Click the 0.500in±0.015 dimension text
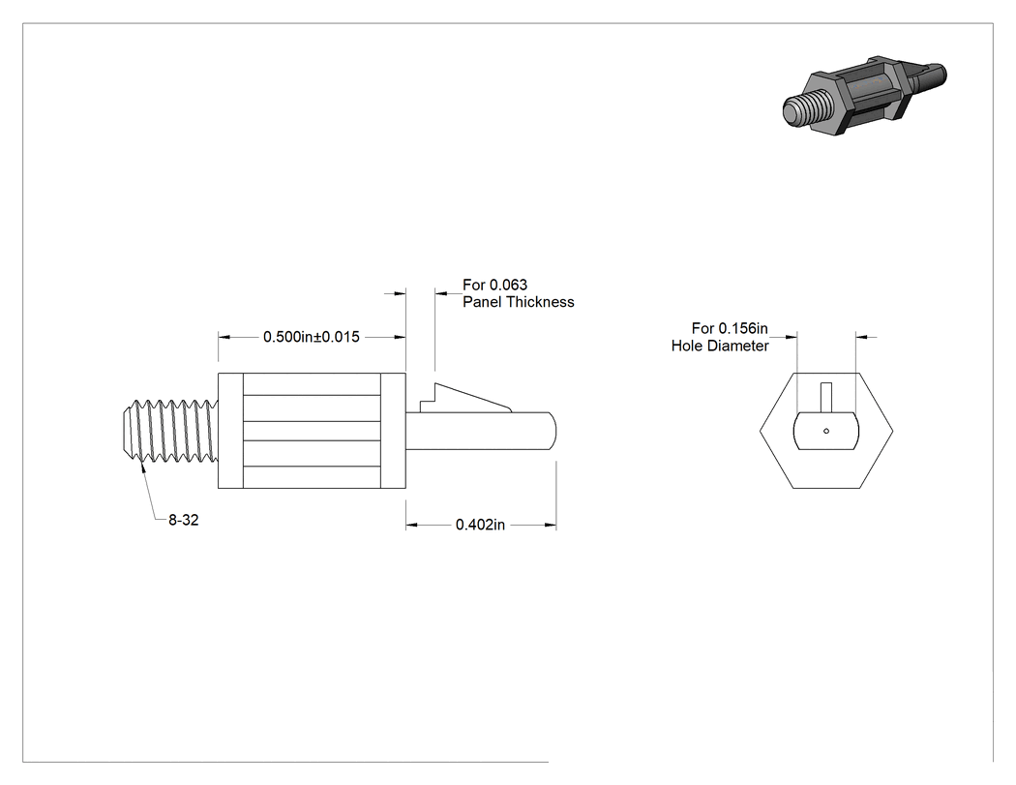pos(311,337)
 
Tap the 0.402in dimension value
pos(480,525)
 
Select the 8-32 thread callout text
pos(184,520)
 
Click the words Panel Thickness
pos(519,302)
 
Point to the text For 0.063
pos(495,285)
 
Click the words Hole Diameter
pos(720,347)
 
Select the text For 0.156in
pos(730,329)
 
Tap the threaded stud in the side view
pos(170,431)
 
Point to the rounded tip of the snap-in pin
pos(553,431)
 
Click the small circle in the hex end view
pos(826,431)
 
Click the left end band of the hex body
pos(230,431)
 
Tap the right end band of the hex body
pos(393,431)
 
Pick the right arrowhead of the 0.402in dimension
pos(551,525)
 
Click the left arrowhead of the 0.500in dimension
pos(224,337)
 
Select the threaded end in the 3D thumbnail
pos(806,107)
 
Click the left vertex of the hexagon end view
pos(760,431)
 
